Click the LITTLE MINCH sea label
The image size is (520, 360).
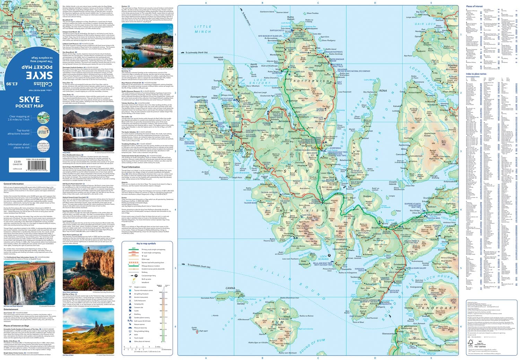(x=202, y=29)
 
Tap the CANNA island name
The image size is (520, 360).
(x=230, y=288)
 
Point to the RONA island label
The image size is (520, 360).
(x=383, y=91)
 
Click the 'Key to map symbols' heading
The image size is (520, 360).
(x=146, y=243)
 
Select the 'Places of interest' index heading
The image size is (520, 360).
(x=474, y=6)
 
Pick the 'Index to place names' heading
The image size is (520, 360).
(x=476, y=74)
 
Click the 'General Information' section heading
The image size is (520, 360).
(x=14, y=183)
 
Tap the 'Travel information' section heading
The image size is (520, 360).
(x=131, y=167)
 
